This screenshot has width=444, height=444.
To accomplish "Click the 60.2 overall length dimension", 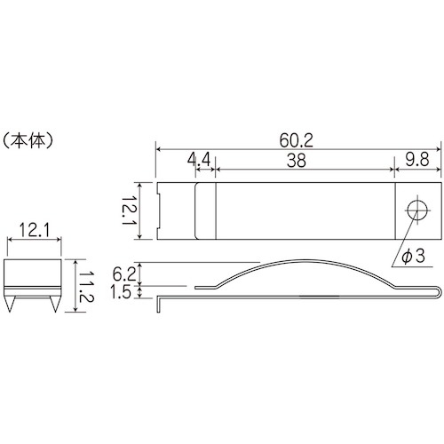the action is (x=297, y=140).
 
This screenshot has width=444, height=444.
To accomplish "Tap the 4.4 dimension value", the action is (x=199, y=160).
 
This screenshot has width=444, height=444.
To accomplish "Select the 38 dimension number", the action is (x=297, y=161).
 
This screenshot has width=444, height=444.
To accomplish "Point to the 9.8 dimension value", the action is (x=417, y=160).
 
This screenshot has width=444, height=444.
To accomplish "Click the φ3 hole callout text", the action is (x=413, y=256).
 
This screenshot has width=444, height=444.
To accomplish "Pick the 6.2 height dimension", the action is (x=123, y=274).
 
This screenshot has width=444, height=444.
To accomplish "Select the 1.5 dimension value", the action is (x=121, y=292).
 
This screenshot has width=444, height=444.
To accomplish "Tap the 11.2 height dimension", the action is (x=86, y=286).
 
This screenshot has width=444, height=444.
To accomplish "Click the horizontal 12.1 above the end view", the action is (x=35, y=230).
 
